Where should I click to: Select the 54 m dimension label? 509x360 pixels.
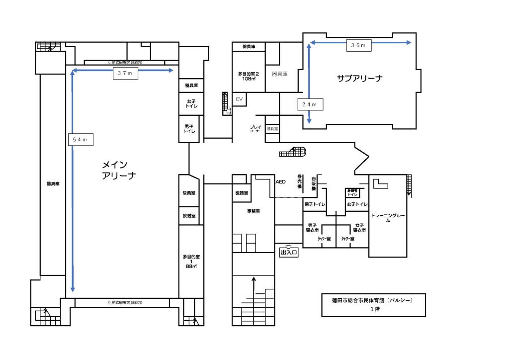pyautogui.click(x=80, y=140)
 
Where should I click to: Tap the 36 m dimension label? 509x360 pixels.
pyautogui.click(x=358, y=46)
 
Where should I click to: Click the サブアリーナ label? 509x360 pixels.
pyautogui.click(x=359, y=78)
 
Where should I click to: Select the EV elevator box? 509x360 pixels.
pyautogui.click(x=239, y=99)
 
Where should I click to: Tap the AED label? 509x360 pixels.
pyautogui.click(x=281, y=182)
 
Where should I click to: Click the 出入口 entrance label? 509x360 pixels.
pyautogui.click(x=289, y=253)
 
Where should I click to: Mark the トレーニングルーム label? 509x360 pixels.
pyautogui.click(x=388, y=218)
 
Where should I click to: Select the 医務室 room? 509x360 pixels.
pyautogui.click(x=242, y=192)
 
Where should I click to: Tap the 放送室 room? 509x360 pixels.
pyautogui.click(x=189, y=216)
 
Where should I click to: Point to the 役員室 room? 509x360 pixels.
pyautogui.click(x=189, y=193)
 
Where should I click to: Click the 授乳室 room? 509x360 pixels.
pyautogui.click(x=272, y=129)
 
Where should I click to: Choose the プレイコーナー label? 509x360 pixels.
pyautogui.click(x=255, y=129)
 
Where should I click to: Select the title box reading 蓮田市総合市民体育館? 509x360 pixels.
pyautogui.click(x=373, y=304)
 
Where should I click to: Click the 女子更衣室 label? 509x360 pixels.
pyautogui.click(x=359, y=228)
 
